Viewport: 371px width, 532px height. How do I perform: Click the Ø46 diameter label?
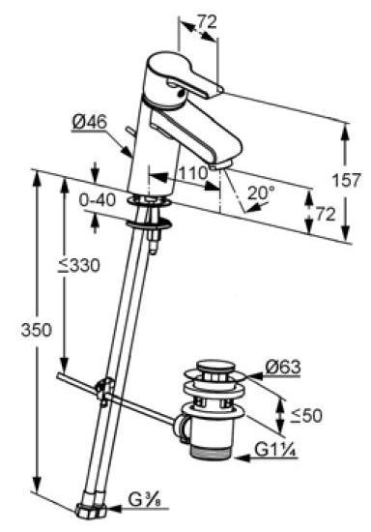pyautogui.click(x=90, y=122)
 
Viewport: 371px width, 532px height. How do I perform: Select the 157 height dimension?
pyautogui.click(x=346, y=180)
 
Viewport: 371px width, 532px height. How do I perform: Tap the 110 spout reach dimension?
pyautogui.click(x=193, y=173)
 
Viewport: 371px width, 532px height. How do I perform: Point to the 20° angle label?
pyautogui.click(x=261, y=192)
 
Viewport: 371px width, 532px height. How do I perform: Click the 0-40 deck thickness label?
pyautogui.click(x=98, y=200)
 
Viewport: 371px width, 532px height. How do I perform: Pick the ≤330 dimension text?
pyautogui.click(x=79, y=265)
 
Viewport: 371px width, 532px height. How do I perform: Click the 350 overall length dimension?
pyautogui.click(x=37, y=330)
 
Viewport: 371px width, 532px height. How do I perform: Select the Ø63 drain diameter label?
pyautogui.click(x=283, y=367)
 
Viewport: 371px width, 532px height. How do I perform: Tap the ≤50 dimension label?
pyautogui.click(x=306, y=415)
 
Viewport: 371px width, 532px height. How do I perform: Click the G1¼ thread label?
pyautogui.click(x=276, y=450)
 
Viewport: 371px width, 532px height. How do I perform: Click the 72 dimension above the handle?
pyautogui.click(x=207, y=22)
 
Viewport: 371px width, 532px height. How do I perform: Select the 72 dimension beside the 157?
pyautogui.click(x=326, y=214)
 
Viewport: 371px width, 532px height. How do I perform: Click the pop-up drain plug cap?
pyautogui.click(x=216, y=367)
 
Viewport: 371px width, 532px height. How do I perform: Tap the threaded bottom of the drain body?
pyautogui.click(x=211, y=453)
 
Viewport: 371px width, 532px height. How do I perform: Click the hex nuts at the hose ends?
pyautogui.click(x=90, y=510)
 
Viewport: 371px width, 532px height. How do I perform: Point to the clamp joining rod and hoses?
pyautogui.click(x=104, y=390)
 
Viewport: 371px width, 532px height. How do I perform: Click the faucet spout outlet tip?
pyautogui.click(x=220, y=165)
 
